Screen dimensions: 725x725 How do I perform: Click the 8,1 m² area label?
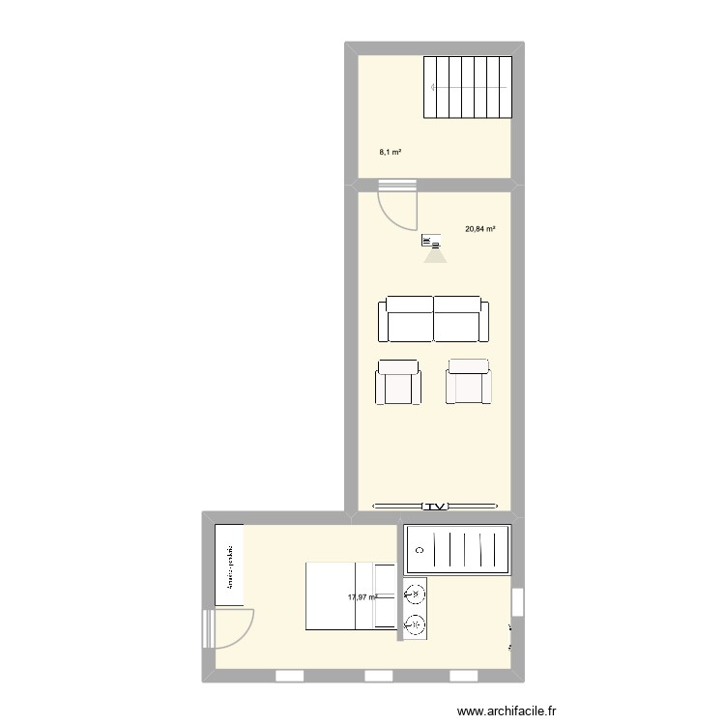point(390,152)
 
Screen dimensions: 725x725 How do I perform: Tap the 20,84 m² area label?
point(480,229)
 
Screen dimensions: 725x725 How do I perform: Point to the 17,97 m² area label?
point(362,596)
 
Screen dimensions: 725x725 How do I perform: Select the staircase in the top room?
point(467,87)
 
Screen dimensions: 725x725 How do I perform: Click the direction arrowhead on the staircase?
point(434,88)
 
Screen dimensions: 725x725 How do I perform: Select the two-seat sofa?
point(433,318)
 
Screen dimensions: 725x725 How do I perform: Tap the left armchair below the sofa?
point(397,382)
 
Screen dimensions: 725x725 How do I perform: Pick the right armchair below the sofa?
point(468,382)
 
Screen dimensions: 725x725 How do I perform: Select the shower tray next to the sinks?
point(456,549)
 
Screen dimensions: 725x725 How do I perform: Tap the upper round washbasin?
point(415,594)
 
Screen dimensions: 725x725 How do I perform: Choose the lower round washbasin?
point(415,624)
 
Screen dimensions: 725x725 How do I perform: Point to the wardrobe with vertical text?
point(229,565)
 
